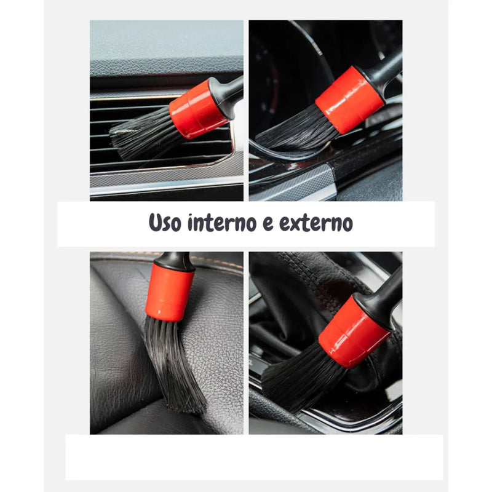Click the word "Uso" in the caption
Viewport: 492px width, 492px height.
pos(165,223)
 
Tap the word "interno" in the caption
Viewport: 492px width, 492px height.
pos(222,223)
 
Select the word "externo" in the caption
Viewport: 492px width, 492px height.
pos(316,223)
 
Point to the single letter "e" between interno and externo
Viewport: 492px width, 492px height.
pos(268,224)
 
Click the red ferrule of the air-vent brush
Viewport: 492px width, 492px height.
pos(197,109)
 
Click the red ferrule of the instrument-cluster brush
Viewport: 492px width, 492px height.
pos(349,100)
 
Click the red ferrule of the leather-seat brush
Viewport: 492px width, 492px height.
pos(170,292)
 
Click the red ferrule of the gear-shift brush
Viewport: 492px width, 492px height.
pos(354,331)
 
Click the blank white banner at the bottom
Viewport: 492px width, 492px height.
pos(254,457)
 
